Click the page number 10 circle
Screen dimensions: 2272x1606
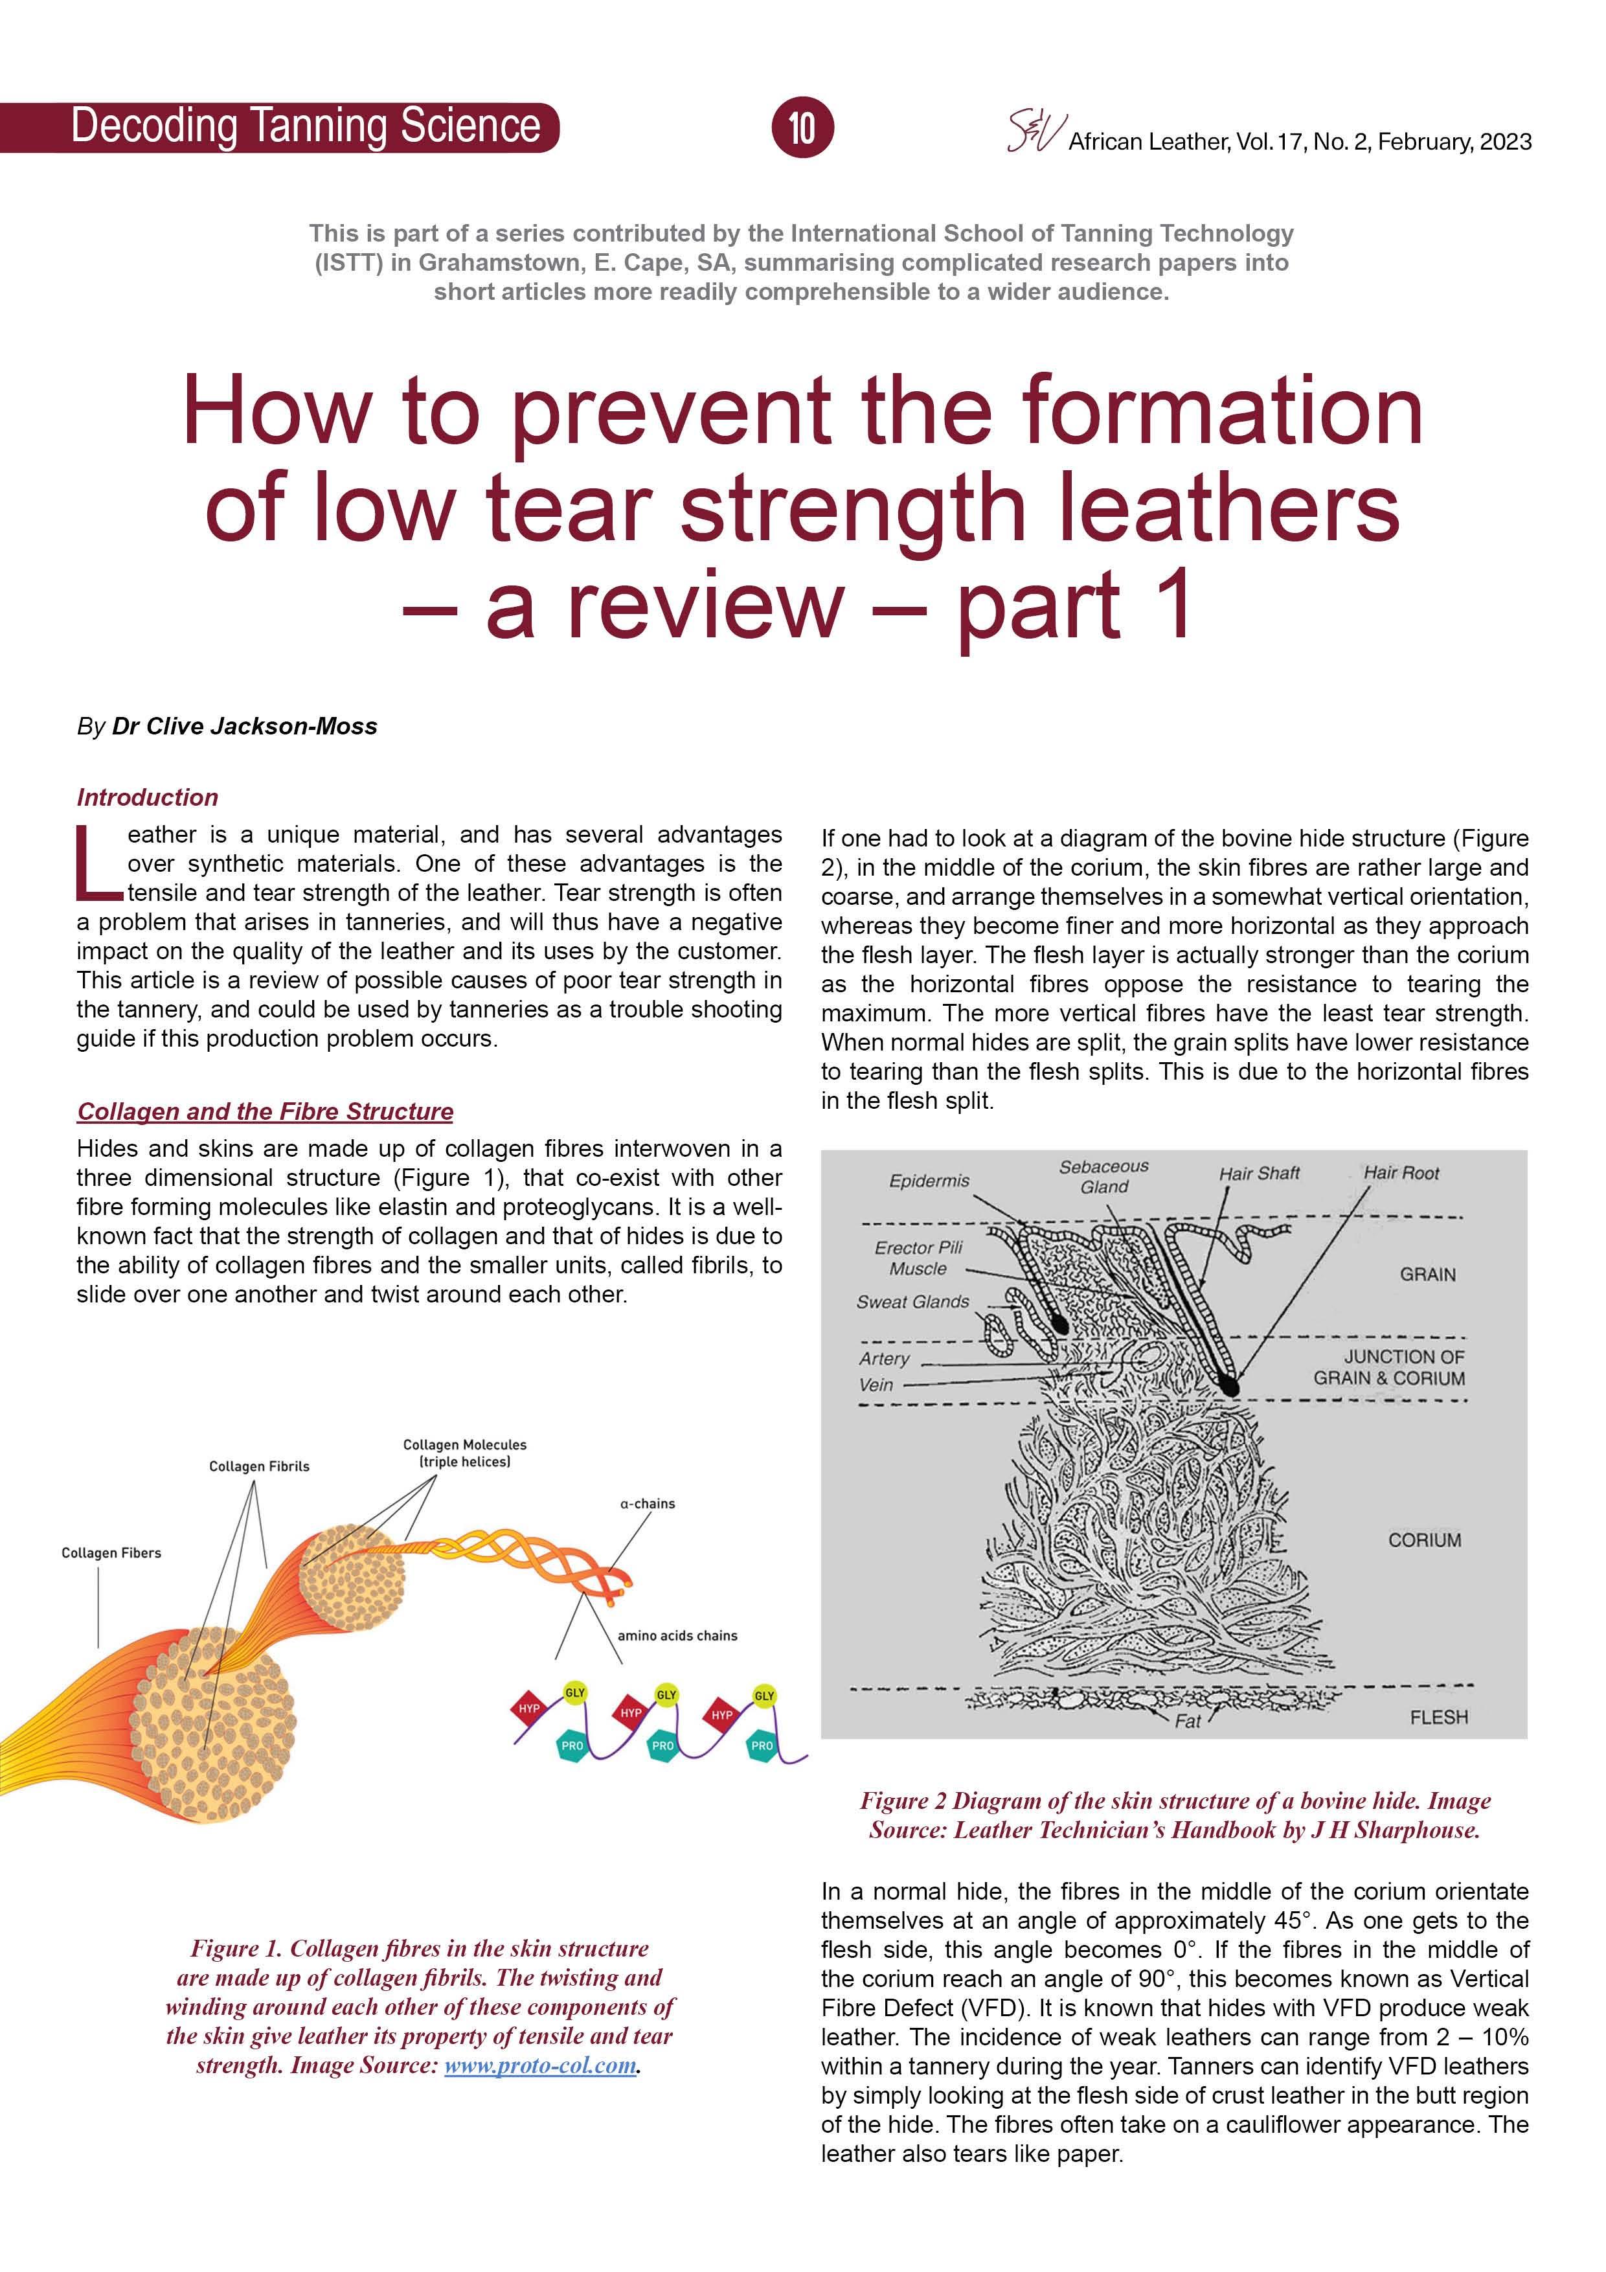tap(802, 128)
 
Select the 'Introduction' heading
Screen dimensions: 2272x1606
tap(148, 797)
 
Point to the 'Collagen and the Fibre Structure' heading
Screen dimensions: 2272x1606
tap(266, 1111)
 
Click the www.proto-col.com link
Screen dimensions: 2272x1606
tap(539, 2065)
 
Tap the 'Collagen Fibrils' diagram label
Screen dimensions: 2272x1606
tap(259, 1466)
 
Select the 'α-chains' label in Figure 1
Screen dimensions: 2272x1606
tap(647, 1503)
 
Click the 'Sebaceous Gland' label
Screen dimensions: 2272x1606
tap(1103, 1177)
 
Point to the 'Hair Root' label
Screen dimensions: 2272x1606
tap(1401, 1173)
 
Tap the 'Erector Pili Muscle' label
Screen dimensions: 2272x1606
tap(918, 1258)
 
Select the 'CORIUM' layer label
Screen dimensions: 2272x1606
tap(1424, 1539)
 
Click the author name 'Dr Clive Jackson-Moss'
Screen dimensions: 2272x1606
tap(244, 726)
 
